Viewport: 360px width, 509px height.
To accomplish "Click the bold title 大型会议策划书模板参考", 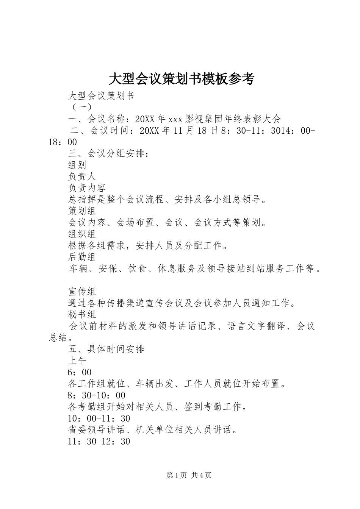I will click(182, 79).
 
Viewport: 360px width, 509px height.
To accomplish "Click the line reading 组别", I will click(77, 165).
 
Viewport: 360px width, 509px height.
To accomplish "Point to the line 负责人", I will click(82, 176).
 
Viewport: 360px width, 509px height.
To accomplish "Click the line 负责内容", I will click(87, 188).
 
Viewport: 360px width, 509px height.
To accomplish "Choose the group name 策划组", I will click(82, 211).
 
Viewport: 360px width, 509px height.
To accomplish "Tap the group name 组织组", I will click(82, 234).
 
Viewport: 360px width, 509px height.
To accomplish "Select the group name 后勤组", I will click(82, 257).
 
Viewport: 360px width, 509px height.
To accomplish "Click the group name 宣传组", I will click(82, 292).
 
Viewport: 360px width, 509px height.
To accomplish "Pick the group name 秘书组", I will click(82, 314).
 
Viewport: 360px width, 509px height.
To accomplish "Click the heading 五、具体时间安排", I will click(106, 349).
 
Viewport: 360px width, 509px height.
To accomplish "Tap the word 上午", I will click(77, 361).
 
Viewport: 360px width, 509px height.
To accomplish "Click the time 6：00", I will click(80, 372).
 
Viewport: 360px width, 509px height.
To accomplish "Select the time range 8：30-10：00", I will click(97, 395).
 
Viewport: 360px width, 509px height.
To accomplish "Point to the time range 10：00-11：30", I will click(99, 418).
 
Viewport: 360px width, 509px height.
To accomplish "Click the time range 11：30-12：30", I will click(99, 442).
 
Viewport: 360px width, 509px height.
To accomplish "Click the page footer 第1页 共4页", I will click(189, 476).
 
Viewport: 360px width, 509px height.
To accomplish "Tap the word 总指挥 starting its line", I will click(82, 200).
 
